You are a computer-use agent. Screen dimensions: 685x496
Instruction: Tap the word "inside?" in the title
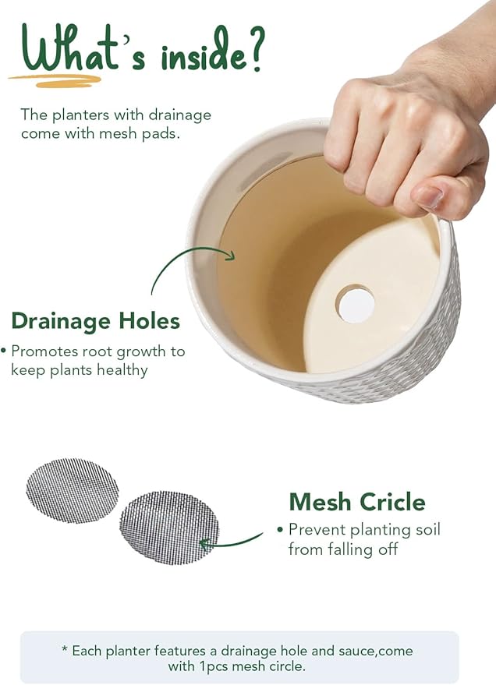coord(212,55)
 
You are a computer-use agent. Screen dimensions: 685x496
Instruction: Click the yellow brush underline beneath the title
coord(55,79)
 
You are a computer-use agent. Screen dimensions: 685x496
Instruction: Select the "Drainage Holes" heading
coord(95,320)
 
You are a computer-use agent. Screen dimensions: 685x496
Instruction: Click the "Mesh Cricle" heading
coord(357,501)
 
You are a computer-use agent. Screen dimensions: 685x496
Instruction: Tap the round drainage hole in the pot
coord(356,304)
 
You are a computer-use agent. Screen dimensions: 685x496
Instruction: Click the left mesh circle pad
coord(73,490)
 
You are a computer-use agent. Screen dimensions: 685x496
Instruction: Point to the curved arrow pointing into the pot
coord(187,261)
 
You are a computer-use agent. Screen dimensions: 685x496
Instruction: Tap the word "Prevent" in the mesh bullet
coord(315,530)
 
